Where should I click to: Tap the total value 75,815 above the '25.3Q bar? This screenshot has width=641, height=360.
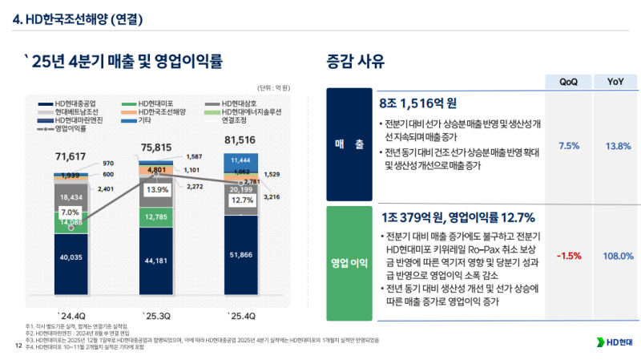tap(155, 148)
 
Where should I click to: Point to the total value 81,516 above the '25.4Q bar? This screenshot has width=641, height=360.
tap(240, 140)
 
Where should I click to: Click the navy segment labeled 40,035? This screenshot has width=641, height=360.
tap(71, 258)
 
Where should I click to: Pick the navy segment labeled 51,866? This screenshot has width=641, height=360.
tap(240, 254)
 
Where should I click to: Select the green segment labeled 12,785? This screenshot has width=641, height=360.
tap(155, 216)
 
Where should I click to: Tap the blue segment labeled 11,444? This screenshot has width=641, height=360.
tap(240, 161)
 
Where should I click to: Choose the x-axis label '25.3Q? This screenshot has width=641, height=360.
tap(155, 313)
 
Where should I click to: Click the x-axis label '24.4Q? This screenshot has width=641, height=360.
tap(71, 313)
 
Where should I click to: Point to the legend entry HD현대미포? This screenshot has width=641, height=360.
tap(151, 104)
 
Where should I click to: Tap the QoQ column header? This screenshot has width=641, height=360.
tap(568, 81)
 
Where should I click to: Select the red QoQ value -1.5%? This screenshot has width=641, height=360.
tap(568, 256)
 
